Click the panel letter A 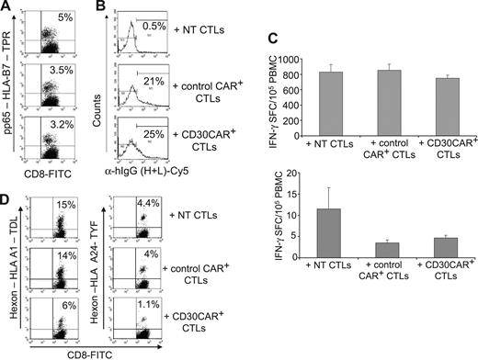coord(7,8)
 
